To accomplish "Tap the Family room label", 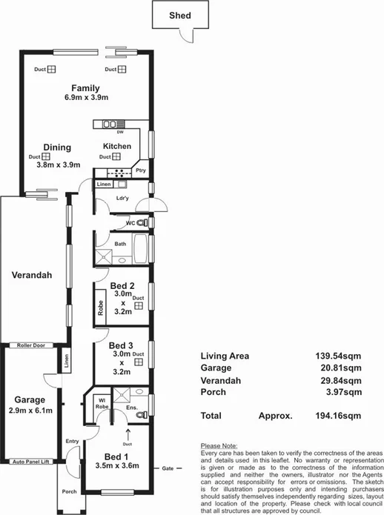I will click(86, 87).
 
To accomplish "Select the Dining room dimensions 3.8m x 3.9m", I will click(58, 165).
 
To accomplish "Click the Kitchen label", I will click(116, 146).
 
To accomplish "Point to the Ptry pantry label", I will click(141, 171).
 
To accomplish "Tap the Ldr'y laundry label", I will click(124, 199).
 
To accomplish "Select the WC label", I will click(130, 222).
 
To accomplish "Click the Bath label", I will click(120, 243).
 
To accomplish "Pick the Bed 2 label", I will click(122, 285).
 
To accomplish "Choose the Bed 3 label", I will click(121, 345).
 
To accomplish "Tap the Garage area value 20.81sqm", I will click(343, 368).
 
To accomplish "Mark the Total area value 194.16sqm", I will click(340, 416).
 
